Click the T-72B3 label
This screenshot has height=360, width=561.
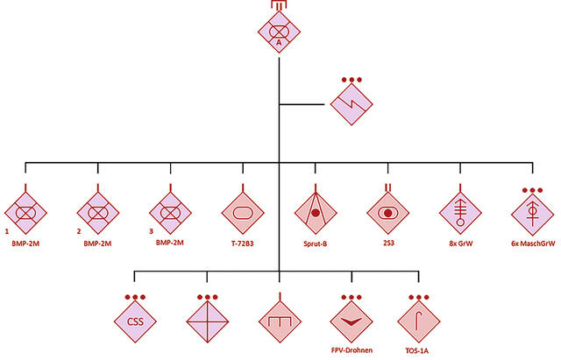pyautogui.click(x=242, y=244)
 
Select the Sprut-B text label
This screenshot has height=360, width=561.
pyautogui.click(x=316, y=244)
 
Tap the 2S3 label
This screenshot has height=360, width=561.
pyautogui.click(x=388, y=244)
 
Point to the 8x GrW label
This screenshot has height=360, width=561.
pyautogui.click(x=461, y=244)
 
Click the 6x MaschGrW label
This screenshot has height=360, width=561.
pyautogui.click(x=533, y=244)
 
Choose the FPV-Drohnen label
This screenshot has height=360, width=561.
pyautogui.click(x=352, y=350)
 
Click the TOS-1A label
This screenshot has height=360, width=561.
pyautogui.click(x=417, y=350)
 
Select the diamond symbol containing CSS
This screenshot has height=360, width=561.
pyautogui.click(x=135, y=321)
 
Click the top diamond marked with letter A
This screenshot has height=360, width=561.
pyautogui.click(x=279, y=32)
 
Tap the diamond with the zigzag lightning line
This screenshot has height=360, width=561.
pyautogui.click(x=352, y=104)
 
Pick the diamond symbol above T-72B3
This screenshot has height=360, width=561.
pyautogui.click(x=243, y=213)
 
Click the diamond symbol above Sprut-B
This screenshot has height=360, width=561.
pyautogui.click(x=316, y=213)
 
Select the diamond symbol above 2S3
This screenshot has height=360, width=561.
pyautogui.click(x=387, y=213)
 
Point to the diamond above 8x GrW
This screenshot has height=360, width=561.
pyautogui.click(x=460, y=213)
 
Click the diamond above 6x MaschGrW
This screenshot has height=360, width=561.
pyautogui.click(x=533, y=213)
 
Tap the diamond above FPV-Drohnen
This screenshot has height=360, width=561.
pyautogui.click(x=352, y=321)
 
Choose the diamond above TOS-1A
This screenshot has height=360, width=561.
pyautogui.click(x=419, y=321)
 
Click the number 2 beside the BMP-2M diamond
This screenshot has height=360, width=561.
pyautogui.click(x=79, y=231)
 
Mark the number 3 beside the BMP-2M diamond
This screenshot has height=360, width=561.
pyautogui.click(x=151, y=231)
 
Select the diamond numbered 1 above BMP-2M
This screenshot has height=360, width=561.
pyautogui.click(x=25, y=213)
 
